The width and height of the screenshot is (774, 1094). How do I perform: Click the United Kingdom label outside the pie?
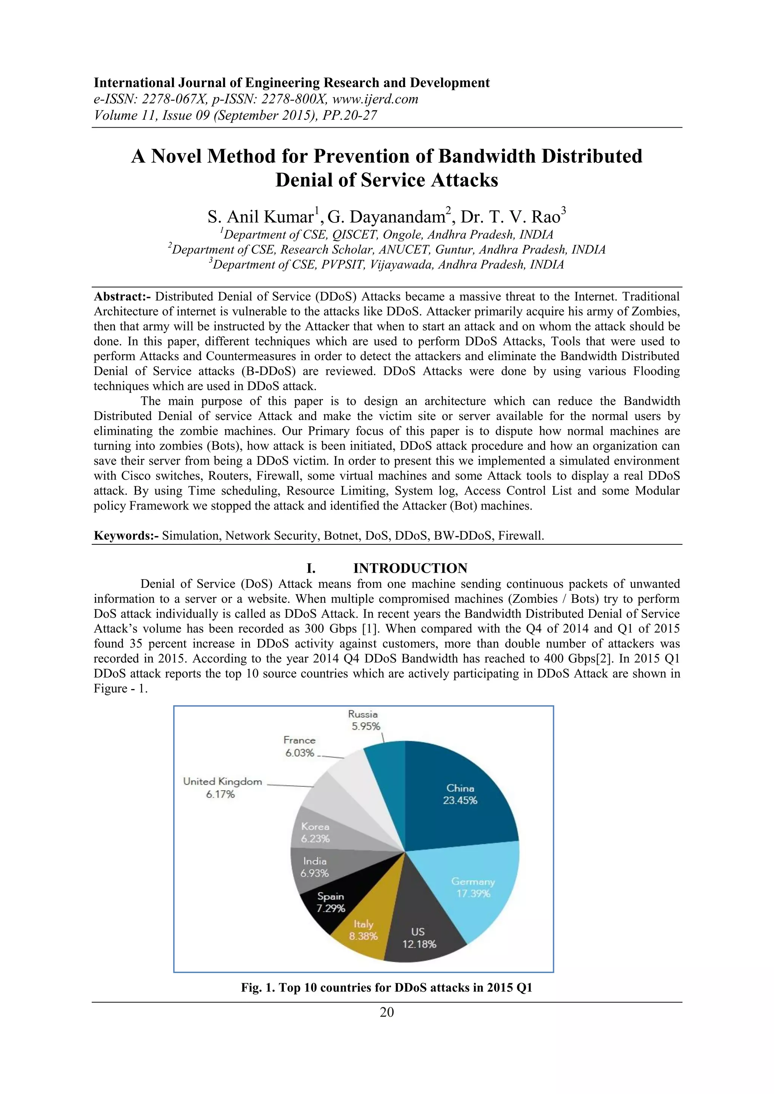click(x=222, y=782)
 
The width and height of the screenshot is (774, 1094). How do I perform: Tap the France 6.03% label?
click(x=299, y=746)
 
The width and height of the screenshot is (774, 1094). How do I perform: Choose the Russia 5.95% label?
click(x=364, y=720)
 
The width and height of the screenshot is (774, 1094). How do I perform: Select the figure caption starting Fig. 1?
click(x=387, y=988)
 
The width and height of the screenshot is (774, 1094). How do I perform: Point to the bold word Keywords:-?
click(x=126, y=536)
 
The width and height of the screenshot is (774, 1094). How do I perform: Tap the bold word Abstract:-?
click(x=122, y=297)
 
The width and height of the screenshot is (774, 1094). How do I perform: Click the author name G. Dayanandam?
click(x=389, y=217)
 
